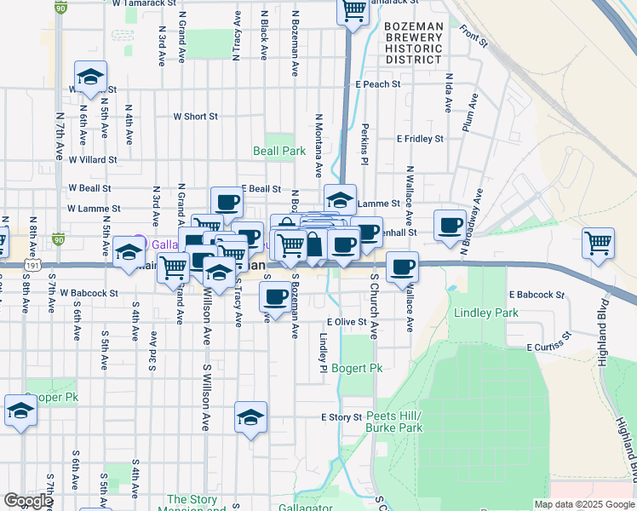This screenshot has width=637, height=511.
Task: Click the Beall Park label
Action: (x=279, y=151)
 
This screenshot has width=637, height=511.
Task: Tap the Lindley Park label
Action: (x=486, y=313)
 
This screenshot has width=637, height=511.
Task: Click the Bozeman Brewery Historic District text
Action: (x=413, y=43)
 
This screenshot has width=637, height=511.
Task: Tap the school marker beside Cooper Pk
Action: (x=20, y=412)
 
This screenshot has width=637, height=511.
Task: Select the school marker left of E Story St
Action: (x=250, y=417)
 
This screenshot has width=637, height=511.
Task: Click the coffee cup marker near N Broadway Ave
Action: (x=450, y=226)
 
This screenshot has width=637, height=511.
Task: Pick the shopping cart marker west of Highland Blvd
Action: (x=599, y=243)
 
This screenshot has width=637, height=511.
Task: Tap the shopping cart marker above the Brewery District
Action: (x=353, y=11)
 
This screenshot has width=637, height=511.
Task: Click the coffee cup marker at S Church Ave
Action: (x=402, y=267)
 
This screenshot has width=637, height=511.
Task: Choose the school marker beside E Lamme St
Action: (x=340, y=200)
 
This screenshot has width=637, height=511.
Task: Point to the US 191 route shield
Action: (x=32, y=265)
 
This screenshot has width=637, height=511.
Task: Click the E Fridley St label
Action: (x=420, y=138)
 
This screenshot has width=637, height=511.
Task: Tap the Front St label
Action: (x=473, y=35)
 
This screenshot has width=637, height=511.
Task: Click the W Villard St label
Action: (x=93, y=159)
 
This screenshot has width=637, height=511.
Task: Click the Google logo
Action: (x=28, y=501)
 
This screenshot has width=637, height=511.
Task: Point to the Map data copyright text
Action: (x=583, y=504)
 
